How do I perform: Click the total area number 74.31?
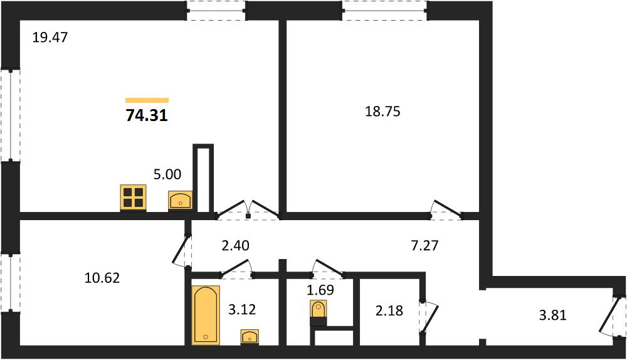point(147,115)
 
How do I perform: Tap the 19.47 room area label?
point(50,38)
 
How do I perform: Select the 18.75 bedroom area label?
point(382,112)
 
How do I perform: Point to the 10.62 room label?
point(102,278)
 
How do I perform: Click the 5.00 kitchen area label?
point(167,174)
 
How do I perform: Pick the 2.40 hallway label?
point(236,245)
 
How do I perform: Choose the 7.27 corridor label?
point(424,245)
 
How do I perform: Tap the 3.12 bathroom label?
point(242,309)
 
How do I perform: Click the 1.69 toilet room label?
point(320,290)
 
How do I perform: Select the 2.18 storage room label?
point(389,310)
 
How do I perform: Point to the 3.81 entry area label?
point(553,315)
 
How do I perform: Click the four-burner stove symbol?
point(133,198)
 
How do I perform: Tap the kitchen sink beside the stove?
point(181,201)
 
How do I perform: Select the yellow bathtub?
point(206,315)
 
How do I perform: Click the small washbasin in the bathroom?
point(250,337)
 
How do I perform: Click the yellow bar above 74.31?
point(147,100)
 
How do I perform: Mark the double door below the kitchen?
point(248,210)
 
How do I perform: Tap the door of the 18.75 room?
point(446,210)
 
